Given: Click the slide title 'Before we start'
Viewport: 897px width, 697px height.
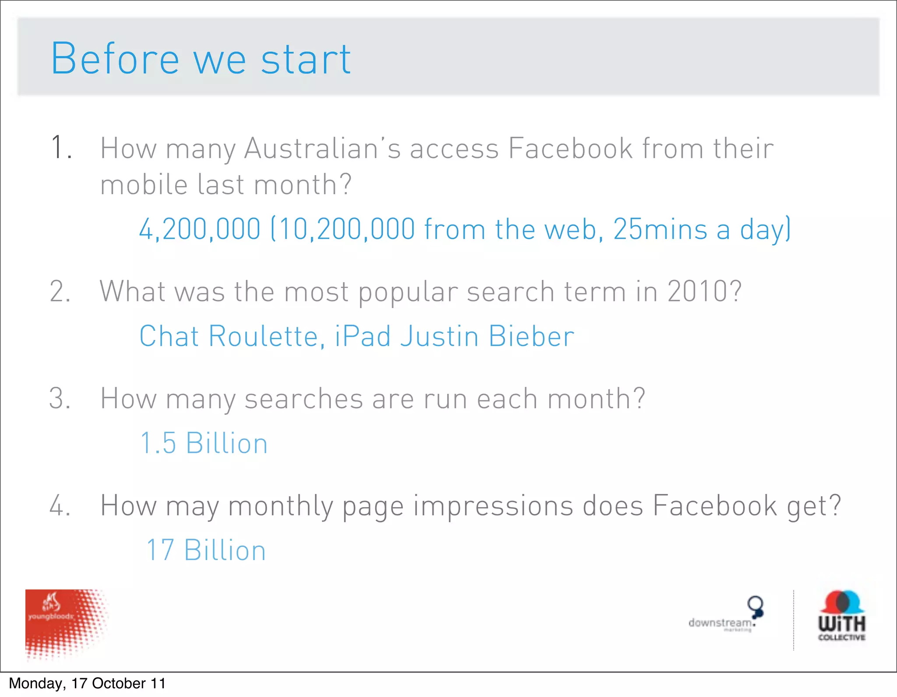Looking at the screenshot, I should [201, 59].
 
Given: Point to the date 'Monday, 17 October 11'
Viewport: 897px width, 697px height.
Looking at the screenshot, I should [87, 683].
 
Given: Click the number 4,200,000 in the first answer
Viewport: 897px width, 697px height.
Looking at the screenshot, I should [200, 229].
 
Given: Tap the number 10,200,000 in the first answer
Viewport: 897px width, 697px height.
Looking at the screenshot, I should [346, 229].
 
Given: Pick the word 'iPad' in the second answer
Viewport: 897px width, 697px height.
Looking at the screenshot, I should [363, 336].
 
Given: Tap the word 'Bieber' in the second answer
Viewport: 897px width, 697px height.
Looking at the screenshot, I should [531, 336].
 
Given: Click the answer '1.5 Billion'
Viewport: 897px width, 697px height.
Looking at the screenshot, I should [204, 443].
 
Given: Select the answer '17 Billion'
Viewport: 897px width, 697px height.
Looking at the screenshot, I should [206, 550].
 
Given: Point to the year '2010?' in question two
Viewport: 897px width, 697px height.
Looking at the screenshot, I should [704, 291].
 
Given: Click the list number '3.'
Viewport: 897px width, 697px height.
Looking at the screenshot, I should [60, 399].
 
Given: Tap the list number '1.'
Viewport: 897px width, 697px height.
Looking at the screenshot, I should [61, 147].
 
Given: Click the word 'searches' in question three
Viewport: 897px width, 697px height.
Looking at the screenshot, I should [304, 399].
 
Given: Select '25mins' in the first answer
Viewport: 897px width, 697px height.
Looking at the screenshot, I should [660, 229].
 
